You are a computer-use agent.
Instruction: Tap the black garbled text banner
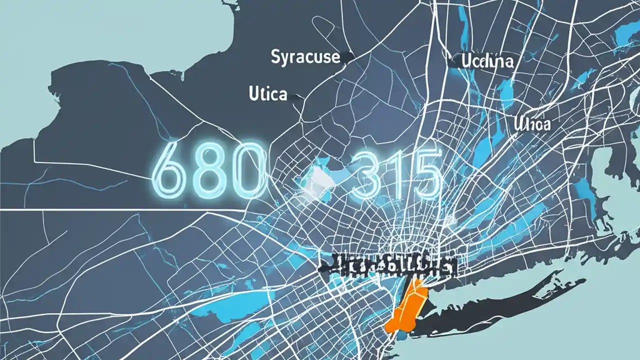387,266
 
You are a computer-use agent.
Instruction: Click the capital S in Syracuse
276,57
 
